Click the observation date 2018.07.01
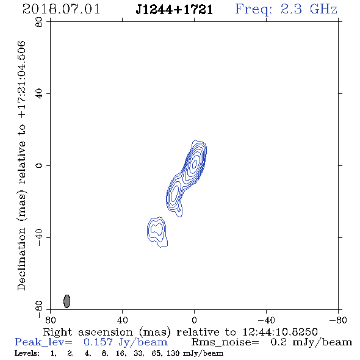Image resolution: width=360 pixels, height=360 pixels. (61, 9)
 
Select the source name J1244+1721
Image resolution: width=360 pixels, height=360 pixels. (175, 9)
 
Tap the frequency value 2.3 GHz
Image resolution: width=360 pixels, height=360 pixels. (309, 9)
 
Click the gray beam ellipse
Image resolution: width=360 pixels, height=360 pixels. (67, 301)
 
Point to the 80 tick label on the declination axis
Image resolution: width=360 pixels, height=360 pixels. (39, 22)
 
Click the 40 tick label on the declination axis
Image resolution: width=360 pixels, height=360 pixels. (39, 94)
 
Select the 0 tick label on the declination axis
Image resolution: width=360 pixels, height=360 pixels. (39, 165)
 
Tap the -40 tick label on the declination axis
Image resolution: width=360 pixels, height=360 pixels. (39, 237)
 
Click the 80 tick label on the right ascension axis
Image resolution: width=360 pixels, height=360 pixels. (51, 320)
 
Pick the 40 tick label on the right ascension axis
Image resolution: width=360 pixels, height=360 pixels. (122, 320)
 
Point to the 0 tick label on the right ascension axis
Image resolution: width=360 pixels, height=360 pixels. (194, 320)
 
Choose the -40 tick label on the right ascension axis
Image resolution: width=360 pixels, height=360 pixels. (266, 320)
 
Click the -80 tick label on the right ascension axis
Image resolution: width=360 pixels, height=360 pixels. (338, 320)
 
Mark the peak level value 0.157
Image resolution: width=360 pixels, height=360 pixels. (98, 342)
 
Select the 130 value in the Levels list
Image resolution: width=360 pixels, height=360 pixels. (173, 353)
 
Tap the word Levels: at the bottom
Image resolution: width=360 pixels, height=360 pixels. (27, 353)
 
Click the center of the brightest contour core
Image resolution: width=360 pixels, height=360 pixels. (195, 164)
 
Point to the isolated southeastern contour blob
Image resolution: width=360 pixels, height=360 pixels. (157, 232)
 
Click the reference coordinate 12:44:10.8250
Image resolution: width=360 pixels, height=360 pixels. (280, 332)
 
